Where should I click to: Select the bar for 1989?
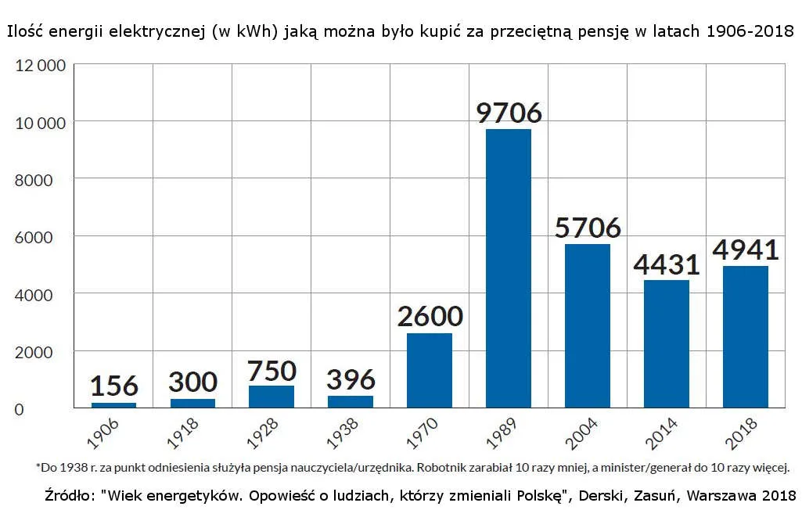[508, 268]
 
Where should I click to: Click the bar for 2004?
[587, 325]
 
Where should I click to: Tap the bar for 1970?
[429, 370]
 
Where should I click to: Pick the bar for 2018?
[745, 336]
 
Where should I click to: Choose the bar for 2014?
[666, 343]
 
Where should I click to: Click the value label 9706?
[509, 113]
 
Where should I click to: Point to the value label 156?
[113, 386]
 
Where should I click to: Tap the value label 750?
[272, 370]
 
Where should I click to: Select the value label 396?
[351, 380]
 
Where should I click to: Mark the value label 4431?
[666, 264]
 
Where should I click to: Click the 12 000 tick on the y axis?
[41, 66]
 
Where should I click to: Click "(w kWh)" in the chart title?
[243, 34]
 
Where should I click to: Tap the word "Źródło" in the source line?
[69, 496]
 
